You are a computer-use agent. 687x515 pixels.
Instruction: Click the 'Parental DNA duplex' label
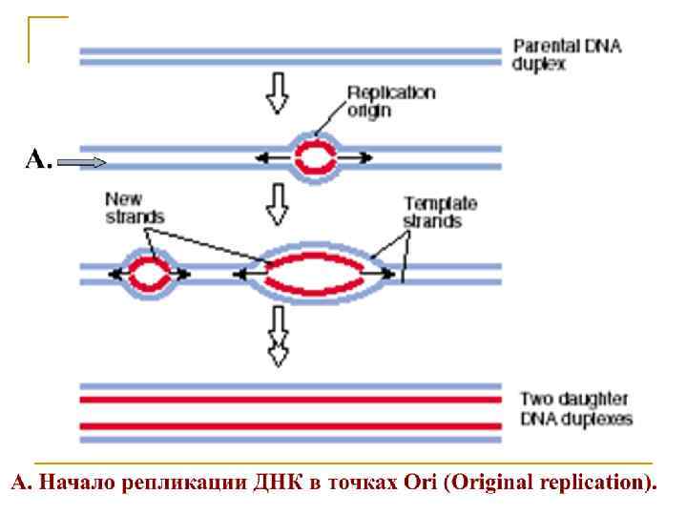tap(567, 55)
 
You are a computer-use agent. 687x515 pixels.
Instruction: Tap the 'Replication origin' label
tap(390, 101)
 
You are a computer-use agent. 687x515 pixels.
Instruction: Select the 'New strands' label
tap(134, 208)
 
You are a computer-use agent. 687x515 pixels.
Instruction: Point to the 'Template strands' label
tap(439, 212)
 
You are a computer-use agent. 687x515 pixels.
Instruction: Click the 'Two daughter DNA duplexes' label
tap(574, 408)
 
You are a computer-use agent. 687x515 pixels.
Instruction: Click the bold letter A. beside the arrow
tap(38, 160)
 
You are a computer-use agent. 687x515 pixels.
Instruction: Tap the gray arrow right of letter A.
tap(81, 163)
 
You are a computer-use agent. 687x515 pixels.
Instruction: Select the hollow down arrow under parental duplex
tap(278, 93)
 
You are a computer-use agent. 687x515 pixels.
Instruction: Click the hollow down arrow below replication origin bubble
tap(278, 204)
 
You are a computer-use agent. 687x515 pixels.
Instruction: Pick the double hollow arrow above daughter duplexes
tap(278, 336)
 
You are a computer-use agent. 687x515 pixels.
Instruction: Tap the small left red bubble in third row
tap(149, 275)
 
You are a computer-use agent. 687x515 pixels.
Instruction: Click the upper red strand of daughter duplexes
tap(290, 399)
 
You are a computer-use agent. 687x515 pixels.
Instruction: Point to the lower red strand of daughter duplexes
tap(290, 425)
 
